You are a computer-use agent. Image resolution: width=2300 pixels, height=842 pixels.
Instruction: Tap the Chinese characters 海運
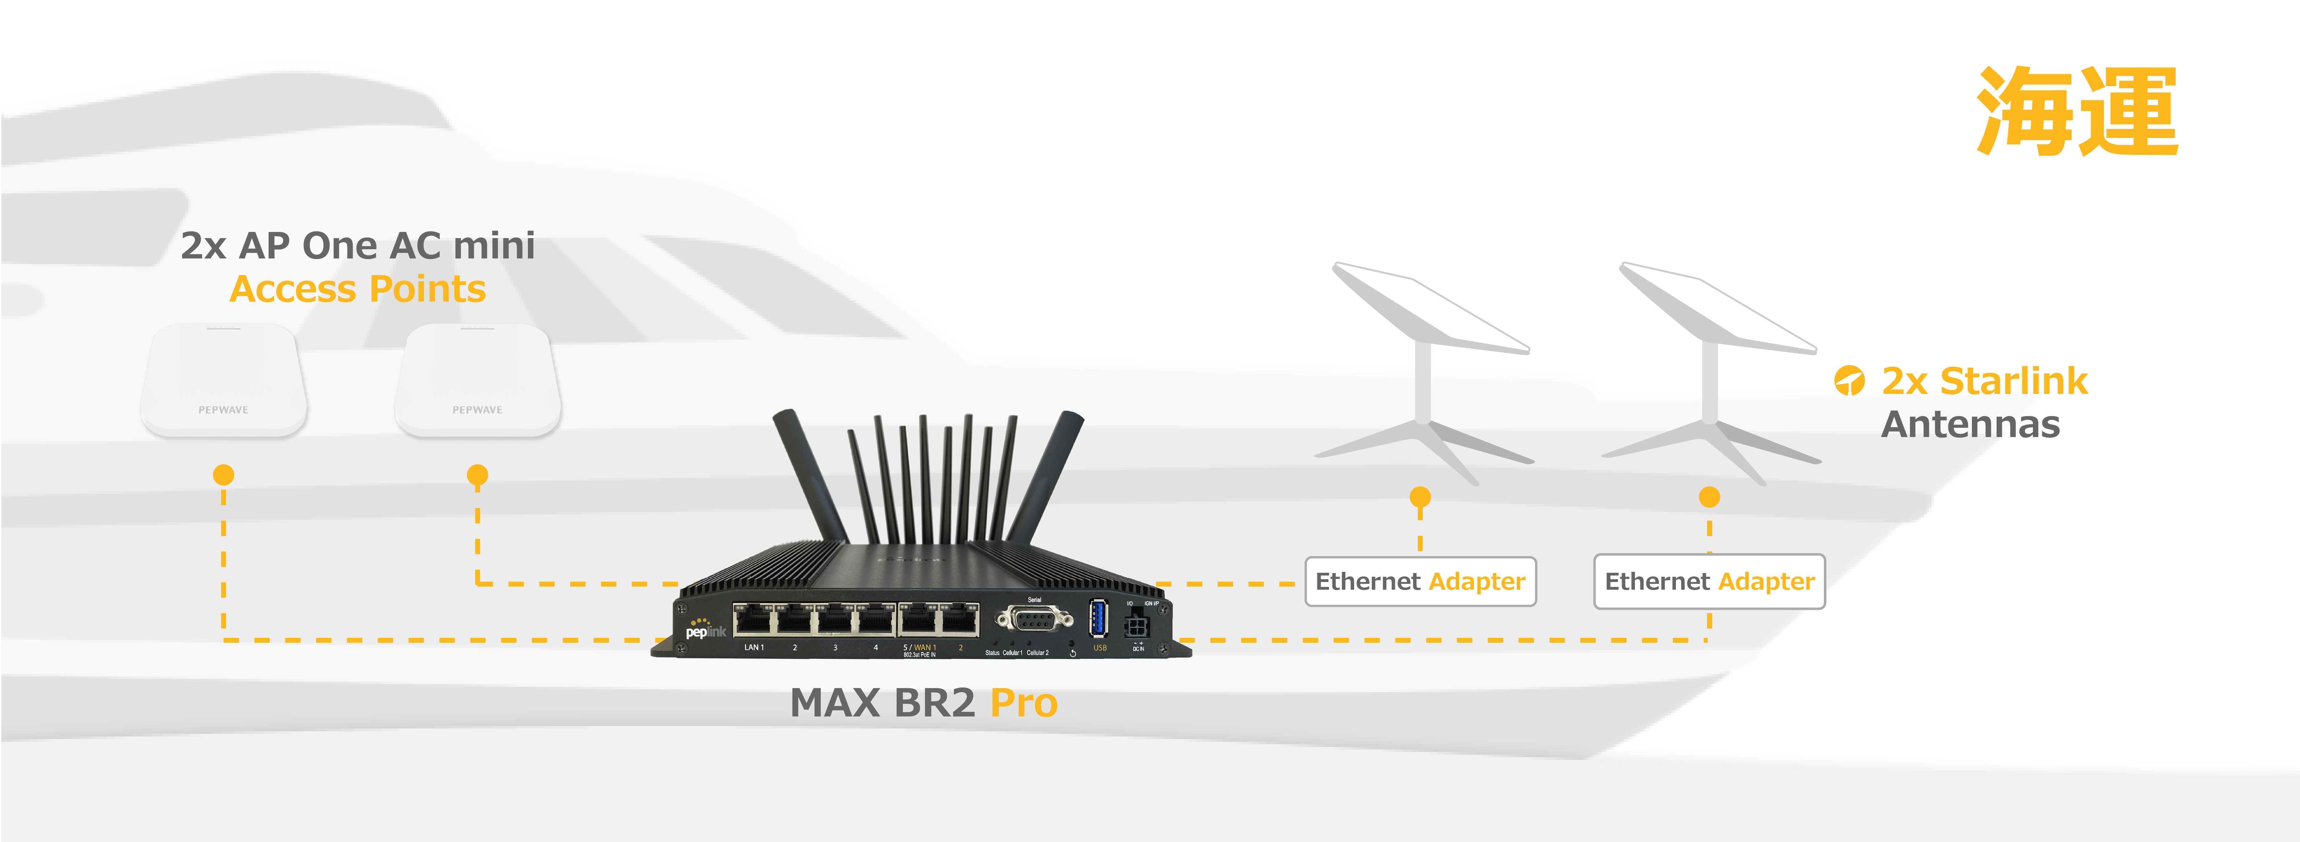click(x=2077, y=112)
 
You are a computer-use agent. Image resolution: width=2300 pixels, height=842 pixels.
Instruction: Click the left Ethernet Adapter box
click(x=1420, y=581)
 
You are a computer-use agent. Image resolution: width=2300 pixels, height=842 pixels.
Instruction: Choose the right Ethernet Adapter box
click(x=1709, y=581)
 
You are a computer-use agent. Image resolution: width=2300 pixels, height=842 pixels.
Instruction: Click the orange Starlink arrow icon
click(x=1849, y=380)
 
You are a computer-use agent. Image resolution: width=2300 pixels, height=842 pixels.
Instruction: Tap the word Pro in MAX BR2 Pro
click(x=1023, y=703)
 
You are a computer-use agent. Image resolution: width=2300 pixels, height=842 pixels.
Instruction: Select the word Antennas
click(x=1971, y=424)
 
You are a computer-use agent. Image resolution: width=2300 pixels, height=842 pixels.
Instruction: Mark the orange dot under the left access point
click(x=223, y=474)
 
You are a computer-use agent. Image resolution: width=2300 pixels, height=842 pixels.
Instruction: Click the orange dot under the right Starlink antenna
click(x=1709, y=497)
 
